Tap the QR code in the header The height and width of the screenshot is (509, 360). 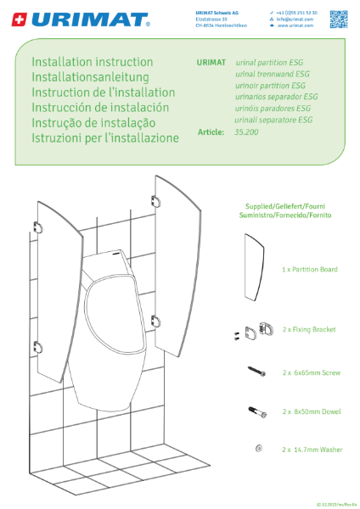pyautogui.click(x=340, y=18)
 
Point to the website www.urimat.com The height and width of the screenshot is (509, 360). pyautogui.click(x=295, y=26)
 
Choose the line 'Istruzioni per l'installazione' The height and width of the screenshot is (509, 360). pyautogui.click(x=105, y=137)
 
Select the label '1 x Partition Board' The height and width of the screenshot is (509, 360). pyautogui.click(x=309, y=269)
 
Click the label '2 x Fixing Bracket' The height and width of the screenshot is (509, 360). pyautogui.click(x=308, y=329)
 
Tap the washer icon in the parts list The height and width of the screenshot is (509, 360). pyautogui.click(x=258, y=448)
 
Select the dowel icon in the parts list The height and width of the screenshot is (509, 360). pyautogui.click(x=258, y=411)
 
